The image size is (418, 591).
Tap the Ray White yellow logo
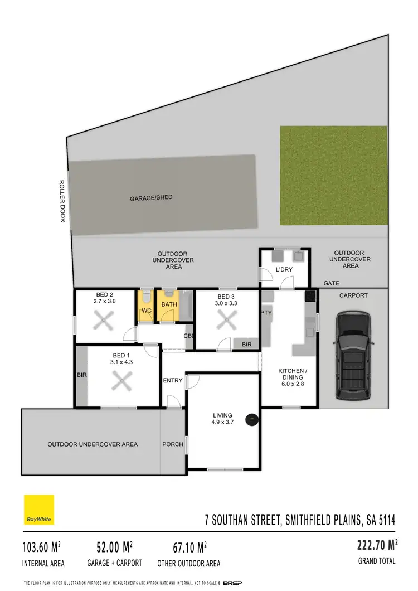[x=38, y=510]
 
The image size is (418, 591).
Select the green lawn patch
[x=333, y=175]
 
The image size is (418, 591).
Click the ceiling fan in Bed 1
[x=120, y=382]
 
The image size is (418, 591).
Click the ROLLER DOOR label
[x=62, y=201]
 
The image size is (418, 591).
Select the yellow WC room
[x=146, y=306]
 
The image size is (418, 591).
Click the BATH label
[x=169, y=304]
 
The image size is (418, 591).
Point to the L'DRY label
[x=284, y=270]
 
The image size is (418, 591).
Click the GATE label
[x=331, y=284]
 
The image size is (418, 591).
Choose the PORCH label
[x=172, y=444]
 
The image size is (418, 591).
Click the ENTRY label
[x=172, y=381]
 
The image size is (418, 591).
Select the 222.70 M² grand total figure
[x=377, y=544]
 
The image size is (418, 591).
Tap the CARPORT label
[x=353, y=295]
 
